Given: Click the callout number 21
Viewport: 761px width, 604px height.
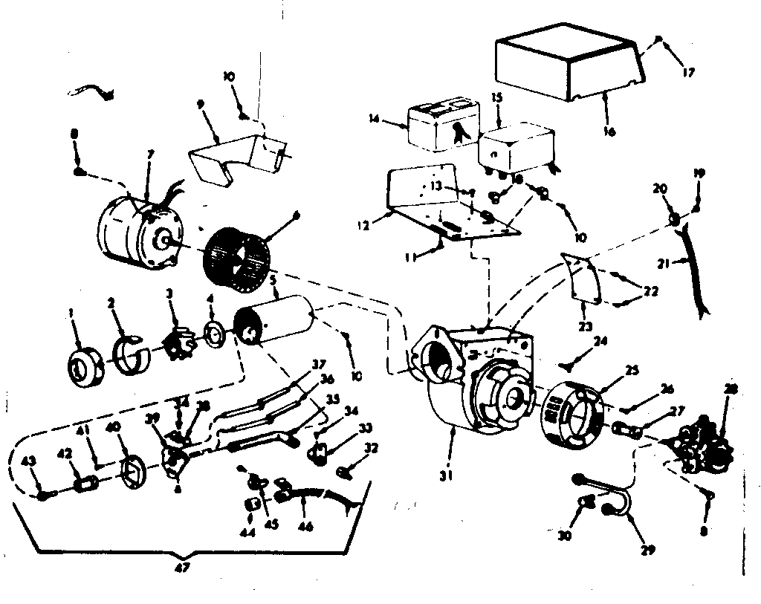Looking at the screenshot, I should [x=664, y=263].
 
